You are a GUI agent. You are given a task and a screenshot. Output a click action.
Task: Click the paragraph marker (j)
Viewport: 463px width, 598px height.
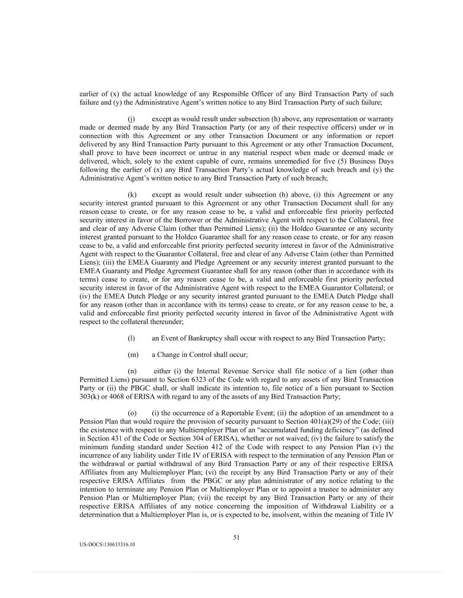[x=131, y=119]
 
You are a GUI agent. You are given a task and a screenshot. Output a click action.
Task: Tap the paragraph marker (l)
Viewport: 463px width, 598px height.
[x=131, y=338]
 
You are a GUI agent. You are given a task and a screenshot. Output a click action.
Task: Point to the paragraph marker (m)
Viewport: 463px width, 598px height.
[x=133, y=355]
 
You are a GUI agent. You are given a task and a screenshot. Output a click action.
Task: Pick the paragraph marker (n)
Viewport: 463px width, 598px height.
[x=132, y=372]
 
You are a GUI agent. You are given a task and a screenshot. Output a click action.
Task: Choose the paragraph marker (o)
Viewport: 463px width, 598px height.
[x=132, y=413]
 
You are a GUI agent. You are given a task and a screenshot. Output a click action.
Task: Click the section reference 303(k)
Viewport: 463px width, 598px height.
[x=90, y=397]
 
